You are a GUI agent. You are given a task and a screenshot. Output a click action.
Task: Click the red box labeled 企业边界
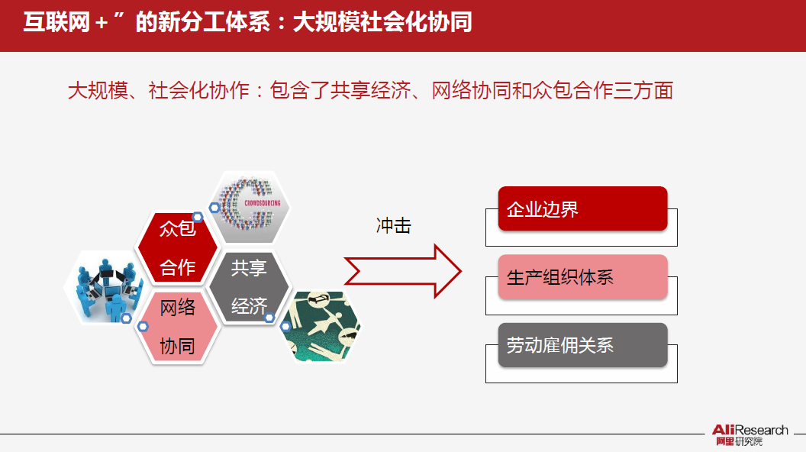coord(582,208)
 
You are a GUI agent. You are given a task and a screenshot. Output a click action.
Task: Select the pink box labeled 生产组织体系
coord(582,276)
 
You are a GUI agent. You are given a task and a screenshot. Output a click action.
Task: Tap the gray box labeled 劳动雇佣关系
coord(582,345)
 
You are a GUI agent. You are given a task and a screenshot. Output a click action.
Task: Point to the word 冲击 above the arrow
coord(393,226)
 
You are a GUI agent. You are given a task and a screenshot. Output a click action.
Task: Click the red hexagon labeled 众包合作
coord(177,247)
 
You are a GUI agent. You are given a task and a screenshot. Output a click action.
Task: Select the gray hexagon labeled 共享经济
coord(250,287)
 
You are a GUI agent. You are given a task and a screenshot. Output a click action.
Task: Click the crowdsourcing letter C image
coord(250,207)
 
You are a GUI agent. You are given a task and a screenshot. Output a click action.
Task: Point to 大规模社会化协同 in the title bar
coord(382,22)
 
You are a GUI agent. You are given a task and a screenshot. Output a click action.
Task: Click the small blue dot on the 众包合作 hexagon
coord(197,217)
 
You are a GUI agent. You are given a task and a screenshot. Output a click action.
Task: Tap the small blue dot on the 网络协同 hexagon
coord(142,326)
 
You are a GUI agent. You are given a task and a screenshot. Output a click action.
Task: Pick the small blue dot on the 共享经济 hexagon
coord(269,316)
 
